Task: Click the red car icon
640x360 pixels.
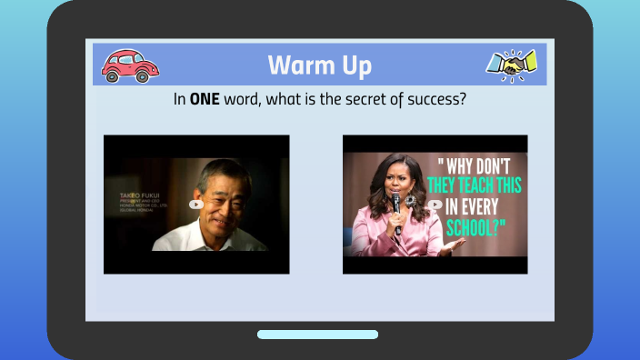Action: tap(130, 65)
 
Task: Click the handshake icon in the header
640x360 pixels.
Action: tap(511, 64)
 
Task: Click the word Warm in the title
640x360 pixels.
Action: tap(301, 66)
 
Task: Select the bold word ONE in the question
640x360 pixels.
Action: tap(206, 98)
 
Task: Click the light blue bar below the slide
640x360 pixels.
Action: tap(317, 335)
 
